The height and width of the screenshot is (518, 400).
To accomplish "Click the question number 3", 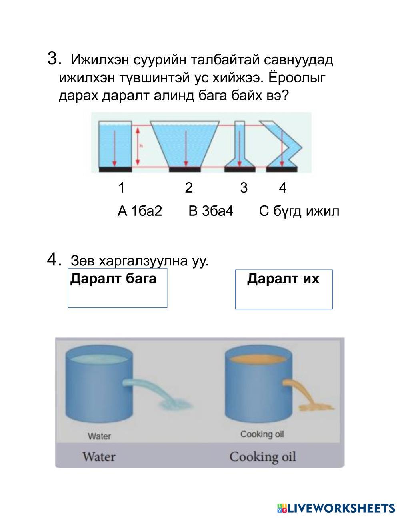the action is pyautogui.click(x=54, y=58).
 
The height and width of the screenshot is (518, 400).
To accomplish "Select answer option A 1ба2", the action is pyautogui.click(x=140, y=211).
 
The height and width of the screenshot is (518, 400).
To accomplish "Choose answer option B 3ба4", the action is pyautogui.click(x=210, y=211).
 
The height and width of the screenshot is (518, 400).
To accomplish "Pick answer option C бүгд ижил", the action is pyautogui.click(x=299, y=211).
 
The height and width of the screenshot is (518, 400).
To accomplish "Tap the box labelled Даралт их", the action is pyautogui.click(x=284, y=289).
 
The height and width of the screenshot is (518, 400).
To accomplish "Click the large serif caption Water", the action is pyautogui.click(x=99, y=456).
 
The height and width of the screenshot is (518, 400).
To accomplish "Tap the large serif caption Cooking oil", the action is pyautogui.click(x=262, y=457).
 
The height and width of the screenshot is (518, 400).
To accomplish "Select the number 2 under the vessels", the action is pyautogui.click(x=189, y=187).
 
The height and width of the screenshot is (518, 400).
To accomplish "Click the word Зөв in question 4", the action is pyautogui.click(x=82, y=261).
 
